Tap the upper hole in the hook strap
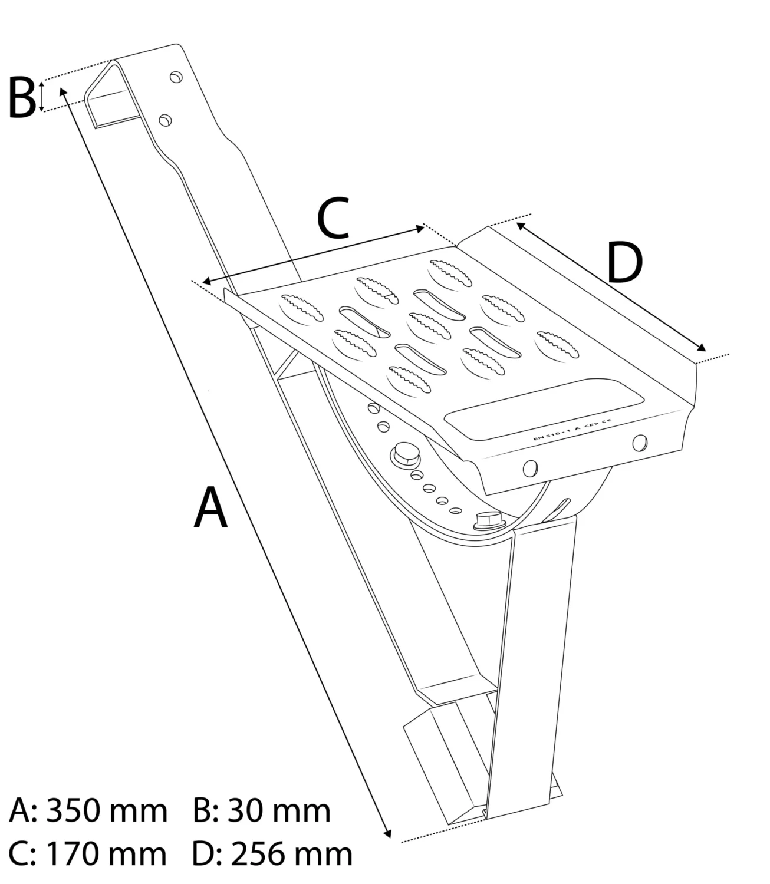coord(175,77)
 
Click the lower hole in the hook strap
coord(166,120)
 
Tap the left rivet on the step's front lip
coord(530,467)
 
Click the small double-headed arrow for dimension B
coord(41,97)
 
